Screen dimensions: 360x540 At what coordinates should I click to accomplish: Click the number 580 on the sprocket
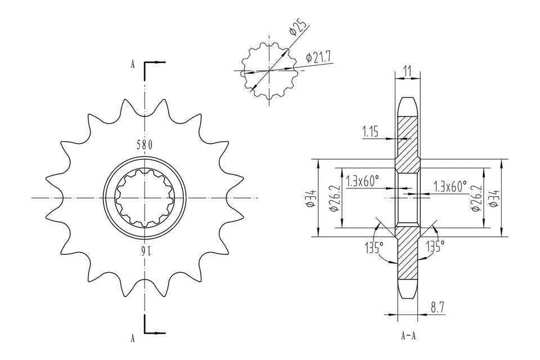pyautogui.click(x=145, y=145)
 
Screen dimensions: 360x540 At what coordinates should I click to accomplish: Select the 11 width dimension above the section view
pyautogui.click(x=408, y=71)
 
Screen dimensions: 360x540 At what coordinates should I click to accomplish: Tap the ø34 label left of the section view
pyautogui.click(x=310, y=198)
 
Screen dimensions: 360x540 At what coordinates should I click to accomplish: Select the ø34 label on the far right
pyautogui.click(x=493, y=198)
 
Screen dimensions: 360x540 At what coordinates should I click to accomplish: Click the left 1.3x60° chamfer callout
pyautogui.click(x=362, y=181)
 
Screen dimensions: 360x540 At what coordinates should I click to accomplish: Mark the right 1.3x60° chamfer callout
pyautogui.click(x=451, y=186)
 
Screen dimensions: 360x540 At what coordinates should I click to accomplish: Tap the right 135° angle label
pyautogui.click(x=435, y=246)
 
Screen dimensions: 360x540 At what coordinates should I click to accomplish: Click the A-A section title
pyautogui.click(x=408, y=336)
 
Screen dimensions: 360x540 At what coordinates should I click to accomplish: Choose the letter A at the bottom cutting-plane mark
pyautogui.click(x=133, y=337)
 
